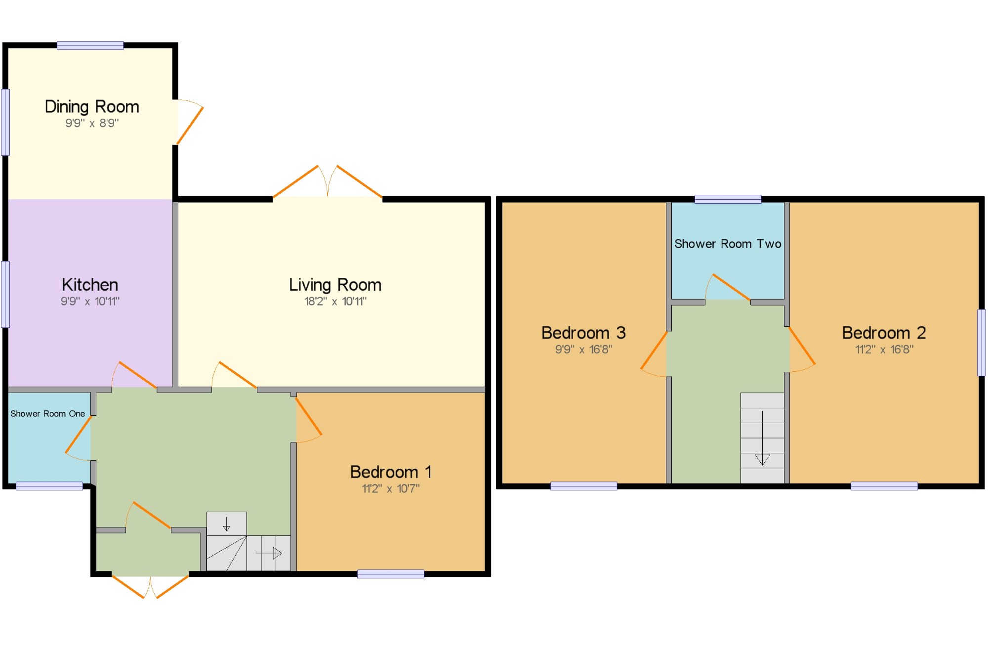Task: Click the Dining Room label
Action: point(92,107)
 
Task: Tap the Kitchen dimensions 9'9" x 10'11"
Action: point(90,301)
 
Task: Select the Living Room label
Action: point(335,285)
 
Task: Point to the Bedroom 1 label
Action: point(391,472)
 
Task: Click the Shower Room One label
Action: point(48,414)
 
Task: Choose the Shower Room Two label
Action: point(728,244)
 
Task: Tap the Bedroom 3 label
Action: point(583,333)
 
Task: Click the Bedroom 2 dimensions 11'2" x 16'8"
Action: point(884,350)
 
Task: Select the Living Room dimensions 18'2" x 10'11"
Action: point(335,301)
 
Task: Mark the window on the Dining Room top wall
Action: point(90,45)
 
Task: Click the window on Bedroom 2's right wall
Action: point(982,343)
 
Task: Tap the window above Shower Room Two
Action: point(728,199)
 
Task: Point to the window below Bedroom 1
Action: point(391,573)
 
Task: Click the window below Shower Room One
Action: point(49,486)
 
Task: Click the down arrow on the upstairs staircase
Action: point(762,438)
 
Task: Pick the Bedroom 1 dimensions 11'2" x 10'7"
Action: point(391,488)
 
